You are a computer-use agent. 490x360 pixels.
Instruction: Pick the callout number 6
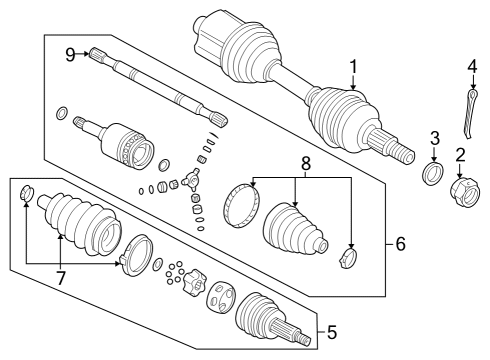click(400, 244)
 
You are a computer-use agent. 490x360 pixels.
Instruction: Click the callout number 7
click(62, 276)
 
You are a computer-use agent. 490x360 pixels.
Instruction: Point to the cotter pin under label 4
click(468, 113)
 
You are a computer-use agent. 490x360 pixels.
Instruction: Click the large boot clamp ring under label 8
click(242, 203)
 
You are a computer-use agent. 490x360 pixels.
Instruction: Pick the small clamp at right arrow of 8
click(349, 259)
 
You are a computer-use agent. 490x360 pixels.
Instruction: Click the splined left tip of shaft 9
click(97, 57)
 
